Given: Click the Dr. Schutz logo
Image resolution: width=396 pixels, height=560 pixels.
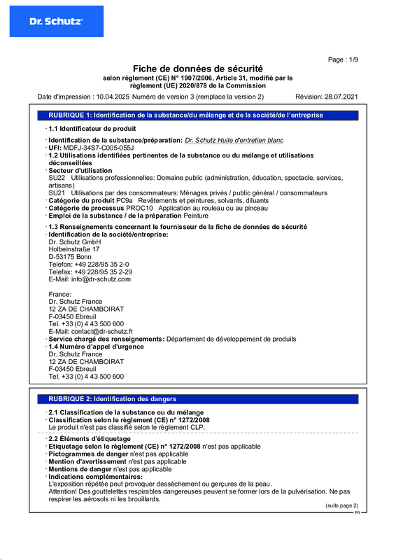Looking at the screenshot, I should (x=56, y=22).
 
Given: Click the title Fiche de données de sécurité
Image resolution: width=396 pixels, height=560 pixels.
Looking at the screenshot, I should (x=198, y=69).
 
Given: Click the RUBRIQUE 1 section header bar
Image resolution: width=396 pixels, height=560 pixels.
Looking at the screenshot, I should (x=198, y=114).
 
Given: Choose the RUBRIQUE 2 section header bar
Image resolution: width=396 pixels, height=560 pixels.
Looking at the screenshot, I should (x=198, y=398).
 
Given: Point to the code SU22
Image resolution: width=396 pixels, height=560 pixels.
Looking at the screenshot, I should (x=57, y=178).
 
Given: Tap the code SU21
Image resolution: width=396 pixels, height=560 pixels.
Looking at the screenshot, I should (x=57, y=192).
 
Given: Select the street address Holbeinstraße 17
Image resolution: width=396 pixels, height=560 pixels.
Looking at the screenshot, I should (x=74, y=248).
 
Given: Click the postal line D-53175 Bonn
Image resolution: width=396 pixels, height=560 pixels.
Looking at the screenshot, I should (x=70, y=256).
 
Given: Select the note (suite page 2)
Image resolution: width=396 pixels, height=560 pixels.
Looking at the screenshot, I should (x=341, y=505).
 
